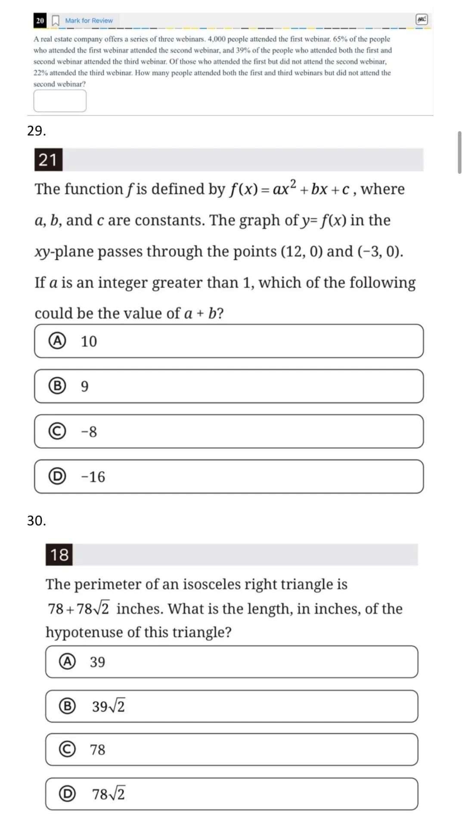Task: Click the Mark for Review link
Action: (89, 20)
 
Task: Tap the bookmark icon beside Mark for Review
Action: (56, 20)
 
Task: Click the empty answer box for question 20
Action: (60, 101)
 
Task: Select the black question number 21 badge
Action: (48, 160)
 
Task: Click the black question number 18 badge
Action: (59, 554)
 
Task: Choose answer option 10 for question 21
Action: (229, 341)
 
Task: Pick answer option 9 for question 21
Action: (229, 386)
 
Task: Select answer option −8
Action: (229, 431)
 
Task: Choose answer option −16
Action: (229, 476)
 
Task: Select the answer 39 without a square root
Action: (231, 661)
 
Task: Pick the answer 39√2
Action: (231, 706)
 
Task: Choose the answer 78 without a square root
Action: (231, 749)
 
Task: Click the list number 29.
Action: (36, 131)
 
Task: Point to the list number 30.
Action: (36, 521)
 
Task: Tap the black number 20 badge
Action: (40, 20)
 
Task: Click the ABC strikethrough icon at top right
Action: (422, 19)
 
